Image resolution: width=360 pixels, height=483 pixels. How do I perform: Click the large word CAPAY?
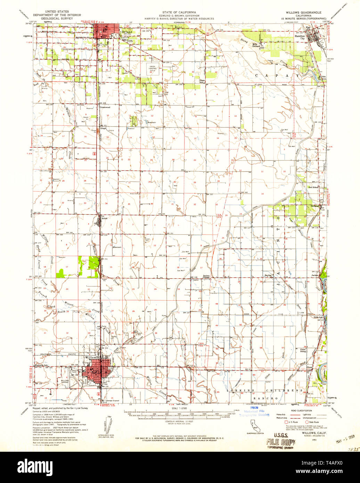(270, 75)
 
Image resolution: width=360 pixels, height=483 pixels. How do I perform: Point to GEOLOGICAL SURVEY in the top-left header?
(57, 18)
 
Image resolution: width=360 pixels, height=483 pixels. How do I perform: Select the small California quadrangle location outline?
(256, 424)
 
